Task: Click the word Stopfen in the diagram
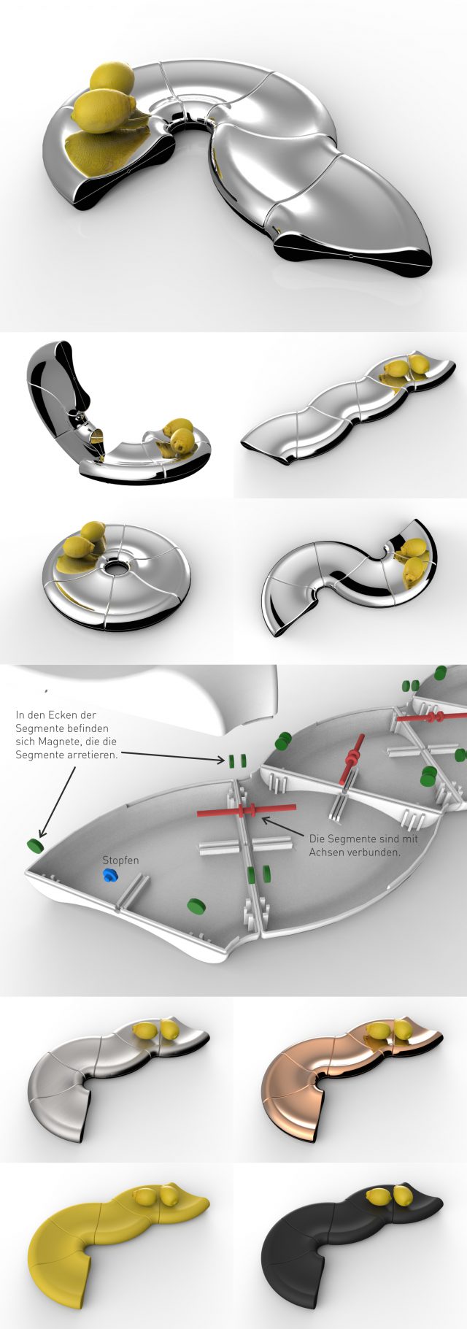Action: [120, 860]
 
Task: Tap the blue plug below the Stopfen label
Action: [110, 874]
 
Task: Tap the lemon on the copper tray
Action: [389, 1030]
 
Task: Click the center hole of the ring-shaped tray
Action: [115, 566]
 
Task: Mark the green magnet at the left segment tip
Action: [33, 845]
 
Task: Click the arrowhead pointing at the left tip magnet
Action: [41, 833]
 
